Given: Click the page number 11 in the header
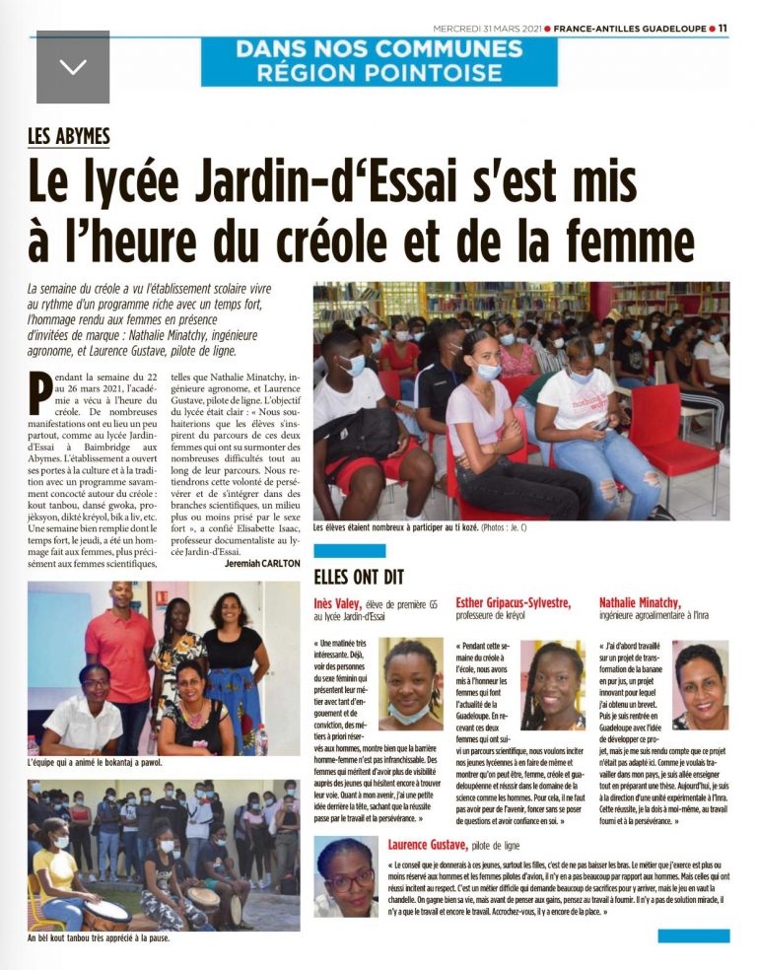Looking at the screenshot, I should (722, 29).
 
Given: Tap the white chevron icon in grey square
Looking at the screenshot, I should (73, 66).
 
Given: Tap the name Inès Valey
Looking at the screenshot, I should (341, 602).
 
